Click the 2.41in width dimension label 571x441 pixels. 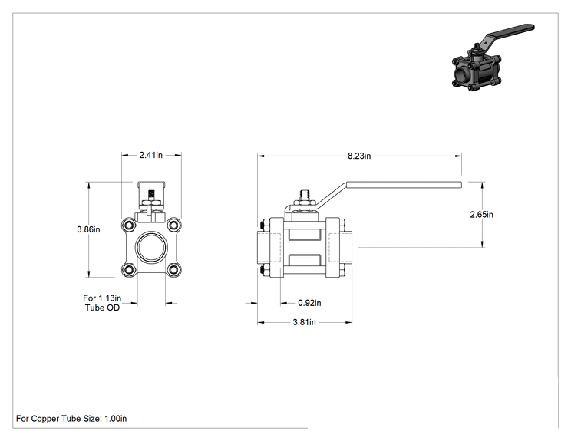pos(150,155)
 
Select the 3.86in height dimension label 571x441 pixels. pos(88,229)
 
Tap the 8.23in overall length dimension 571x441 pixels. pos(359,156)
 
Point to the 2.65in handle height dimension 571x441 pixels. pos(481,214)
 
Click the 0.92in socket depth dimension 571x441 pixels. pos(309,303)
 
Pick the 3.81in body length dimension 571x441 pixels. pos(305,322)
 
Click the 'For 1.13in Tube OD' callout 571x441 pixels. pos(102,303)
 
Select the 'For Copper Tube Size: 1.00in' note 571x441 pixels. pos(71,419)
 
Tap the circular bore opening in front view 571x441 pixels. pos(151,248)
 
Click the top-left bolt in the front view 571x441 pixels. pos(129,225)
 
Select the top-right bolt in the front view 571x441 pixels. pos(174,225)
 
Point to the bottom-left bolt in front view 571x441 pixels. pos(129,270)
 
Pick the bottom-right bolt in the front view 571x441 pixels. pos(174,270)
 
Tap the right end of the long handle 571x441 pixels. pos(461,185)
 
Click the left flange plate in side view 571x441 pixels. pos(276,248)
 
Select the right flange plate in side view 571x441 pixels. pos(332,248)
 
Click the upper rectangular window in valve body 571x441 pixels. pos(305,235)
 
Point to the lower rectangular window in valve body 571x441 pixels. pos(305,260)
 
